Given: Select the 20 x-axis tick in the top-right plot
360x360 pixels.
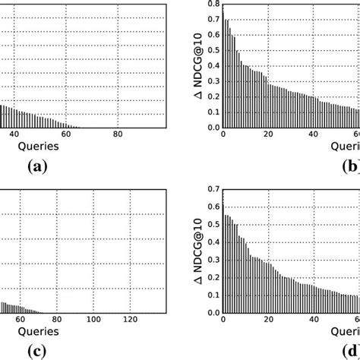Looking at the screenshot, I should tap(268, 135).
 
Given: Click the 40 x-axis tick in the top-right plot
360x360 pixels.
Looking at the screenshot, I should tap(314, 135).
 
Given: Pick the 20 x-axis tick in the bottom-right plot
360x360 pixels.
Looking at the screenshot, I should tap(268, 317).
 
